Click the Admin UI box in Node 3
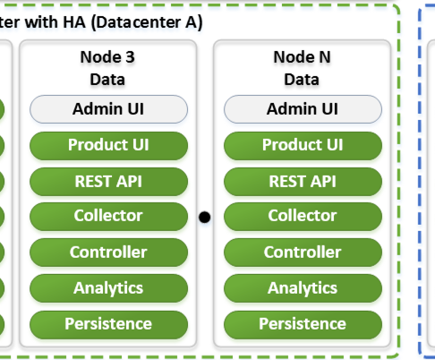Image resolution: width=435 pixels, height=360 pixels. coord(108,109)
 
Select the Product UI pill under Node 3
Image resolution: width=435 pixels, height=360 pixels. coord(108,145)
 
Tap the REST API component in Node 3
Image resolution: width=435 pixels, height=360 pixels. coord(108,181)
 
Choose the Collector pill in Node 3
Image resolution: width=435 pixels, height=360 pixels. coord(108,216)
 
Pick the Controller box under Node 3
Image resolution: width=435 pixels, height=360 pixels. coord(108,253)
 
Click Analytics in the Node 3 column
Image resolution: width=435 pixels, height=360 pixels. coord(108,288)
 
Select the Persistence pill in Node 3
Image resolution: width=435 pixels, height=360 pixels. coord(108,324)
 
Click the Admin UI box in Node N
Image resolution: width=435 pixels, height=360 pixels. coord(303,109)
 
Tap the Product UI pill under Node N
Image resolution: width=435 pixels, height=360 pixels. coord(303,145)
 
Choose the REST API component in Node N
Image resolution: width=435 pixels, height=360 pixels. coord(303,181)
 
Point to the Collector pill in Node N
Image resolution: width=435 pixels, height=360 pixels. coord(303,216)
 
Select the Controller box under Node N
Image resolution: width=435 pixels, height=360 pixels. coord(303,253)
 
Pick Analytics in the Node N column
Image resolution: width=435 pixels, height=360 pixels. coord(303,288)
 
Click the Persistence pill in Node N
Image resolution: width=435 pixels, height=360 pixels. coord(303,324)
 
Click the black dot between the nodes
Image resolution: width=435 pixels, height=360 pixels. coord(204,217)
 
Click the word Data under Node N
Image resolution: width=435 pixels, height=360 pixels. coord(302,79)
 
